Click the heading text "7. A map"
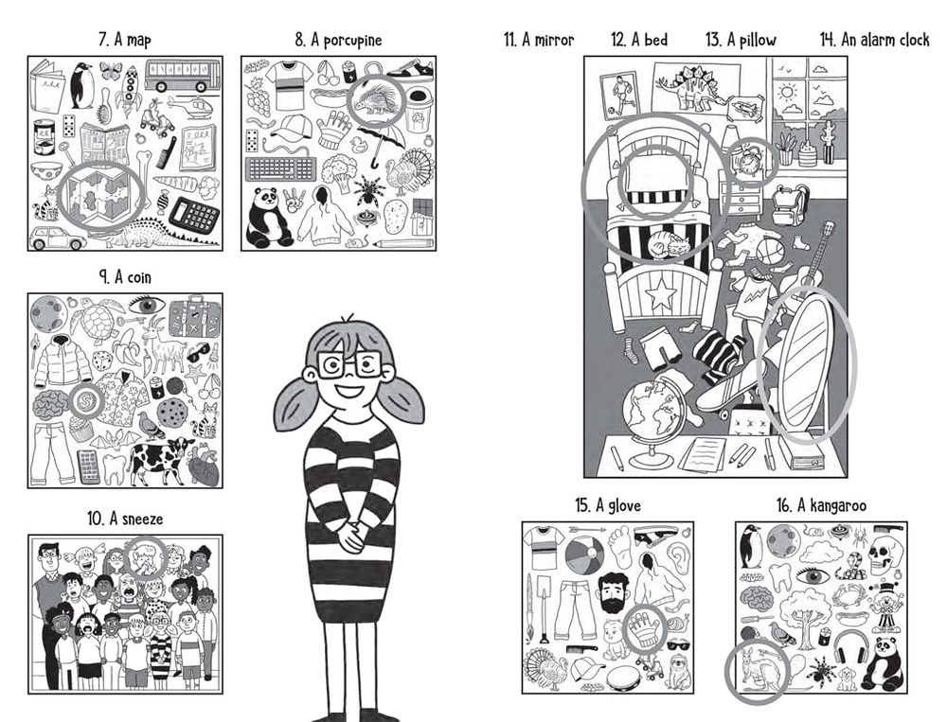pyautogui.click(x=125, y=40)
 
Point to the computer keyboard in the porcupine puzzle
pyautogui.click(x=280, y=168)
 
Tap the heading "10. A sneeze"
pyautogui.click(x=125, y=519)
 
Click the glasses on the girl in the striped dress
pyautogui.click(x=349, y=365)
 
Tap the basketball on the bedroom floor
pyautogui.click(x=769, y=251)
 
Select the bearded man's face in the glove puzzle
pyautogui.click(x=615, y=592)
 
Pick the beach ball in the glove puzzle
pyautogui.click(x=584, y=556)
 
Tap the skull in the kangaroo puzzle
pyautogui.click(x=885, y=553)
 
